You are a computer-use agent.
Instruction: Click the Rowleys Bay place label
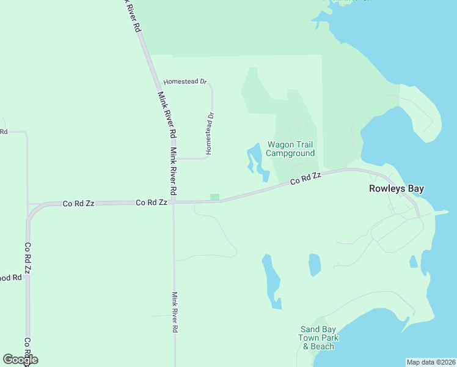point(396,189)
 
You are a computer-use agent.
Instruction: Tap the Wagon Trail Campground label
point(290,149)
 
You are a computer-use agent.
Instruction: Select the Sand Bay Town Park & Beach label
point(318,338)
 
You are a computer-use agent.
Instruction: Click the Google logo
point(20,360)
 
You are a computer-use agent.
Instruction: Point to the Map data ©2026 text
point(431,362)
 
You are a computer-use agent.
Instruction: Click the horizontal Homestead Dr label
point(186,81)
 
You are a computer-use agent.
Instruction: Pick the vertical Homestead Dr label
point(210,132)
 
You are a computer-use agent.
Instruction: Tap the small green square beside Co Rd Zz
point(214,197)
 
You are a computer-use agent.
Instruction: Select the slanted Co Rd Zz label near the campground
point(305,179)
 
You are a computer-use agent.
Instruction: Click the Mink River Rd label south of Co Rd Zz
point(175,311)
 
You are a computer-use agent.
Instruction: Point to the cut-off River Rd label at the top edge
point(131,15)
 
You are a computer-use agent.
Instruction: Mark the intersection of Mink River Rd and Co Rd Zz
point(174,202)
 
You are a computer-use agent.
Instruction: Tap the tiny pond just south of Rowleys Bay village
point(413,262)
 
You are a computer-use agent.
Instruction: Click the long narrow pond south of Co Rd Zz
point(272,281)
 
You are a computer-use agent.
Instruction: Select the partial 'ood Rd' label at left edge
point(10,278)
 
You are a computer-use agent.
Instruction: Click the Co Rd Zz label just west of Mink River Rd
point(151,202)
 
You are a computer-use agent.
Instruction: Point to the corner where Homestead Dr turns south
point(211,86)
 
